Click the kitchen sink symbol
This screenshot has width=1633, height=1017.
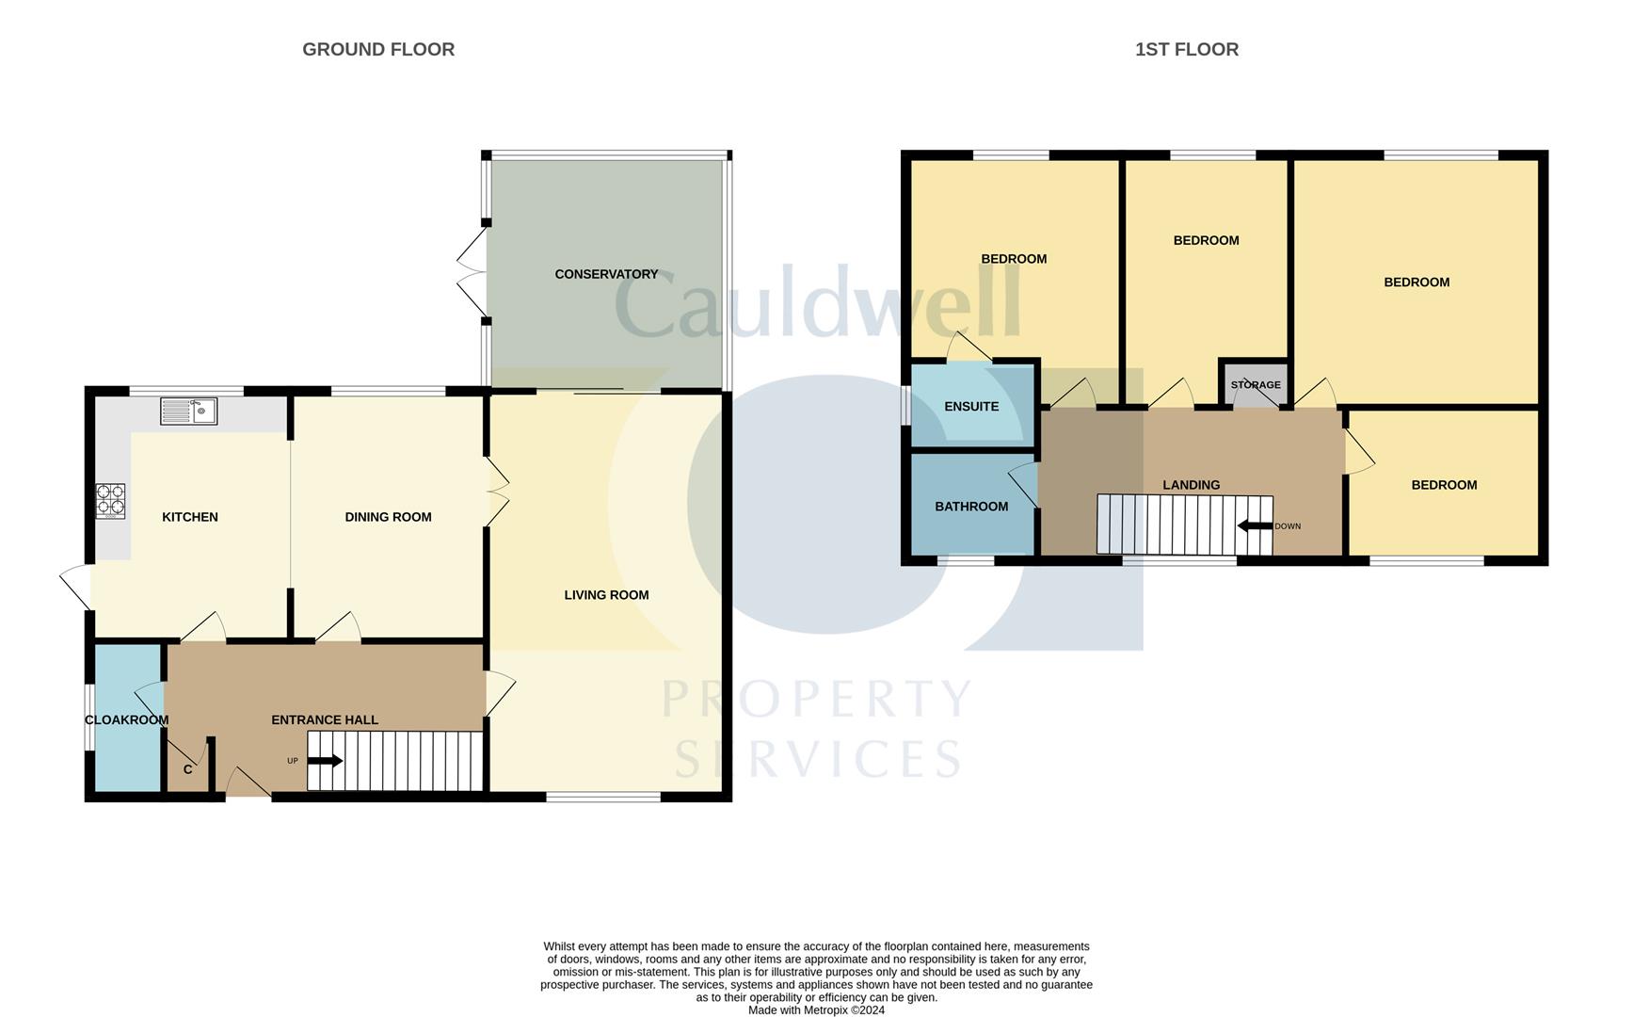point(188,411)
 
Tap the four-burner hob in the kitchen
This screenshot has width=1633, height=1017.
point(110,501)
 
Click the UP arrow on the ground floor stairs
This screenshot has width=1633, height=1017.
point(325,760)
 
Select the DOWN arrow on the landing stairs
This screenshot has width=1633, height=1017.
point(1255,525)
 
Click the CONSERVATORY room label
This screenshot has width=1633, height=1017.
point(606,274)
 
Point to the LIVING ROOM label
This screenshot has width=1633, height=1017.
point(606,594)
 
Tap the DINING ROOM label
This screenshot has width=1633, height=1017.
point(388,516)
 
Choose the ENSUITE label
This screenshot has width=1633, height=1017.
point(971,406)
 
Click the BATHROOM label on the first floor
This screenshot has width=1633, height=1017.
point(971,506)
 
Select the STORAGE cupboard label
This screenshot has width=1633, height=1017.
point(1256,384)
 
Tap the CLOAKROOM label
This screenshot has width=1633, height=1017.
point(127,719)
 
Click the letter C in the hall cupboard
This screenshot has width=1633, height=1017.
point(188,769)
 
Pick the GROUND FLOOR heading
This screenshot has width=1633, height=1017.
point(378,49)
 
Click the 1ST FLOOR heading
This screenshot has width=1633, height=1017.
point(1187,49)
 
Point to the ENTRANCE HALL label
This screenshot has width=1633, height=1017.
point(325,719)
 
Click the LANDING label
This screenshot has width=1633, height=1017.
point(1191,484)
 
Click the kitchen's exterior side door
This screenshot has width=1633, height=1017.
point(76,586)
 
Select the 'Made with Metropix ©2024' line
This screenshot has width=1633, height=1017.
point(816,1010)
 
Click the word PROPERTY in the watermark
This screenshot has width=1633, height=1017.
point(816,700)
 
